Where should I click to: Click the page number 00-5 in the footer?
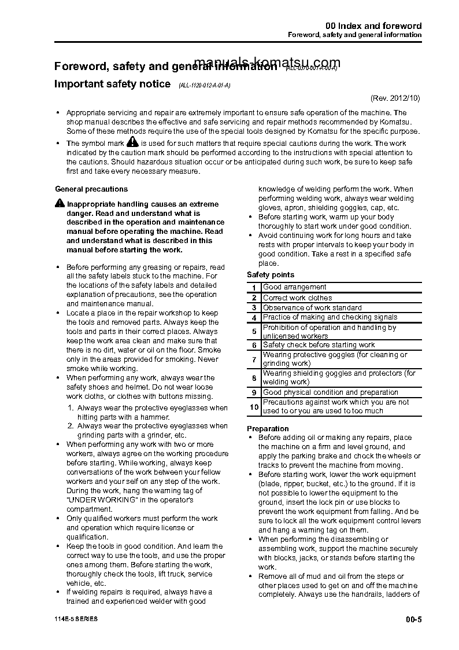(414, 619)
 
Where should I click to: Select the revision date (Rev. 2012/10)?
(395, 98)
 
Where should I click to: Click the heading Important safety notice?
(112, 84)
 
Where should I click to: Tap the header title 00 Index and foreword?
(373, 26)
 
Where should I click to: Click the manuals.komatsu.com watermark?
(268, 63)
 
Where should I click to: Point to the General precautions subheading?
(91, 189)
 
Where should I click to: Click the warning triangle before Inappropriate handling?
(60, 203)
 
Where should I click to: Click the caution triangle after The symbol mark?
(132, 142)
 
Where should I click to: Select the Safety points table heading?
(271, 275)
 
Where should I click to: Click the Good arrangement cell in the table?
(294, 287)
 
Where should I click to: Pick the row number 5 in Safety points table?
(254, 332)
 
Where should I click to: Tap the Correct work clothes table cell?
(297, 298)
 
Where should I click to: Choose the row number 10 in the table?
(254, 407)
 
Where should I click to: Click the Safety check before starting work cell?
(319, 345)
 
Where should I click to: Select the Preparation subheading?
(268, 429)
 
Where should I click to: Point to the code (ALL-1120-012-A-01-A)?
(204, 85)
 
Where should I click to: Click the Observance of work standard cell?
(312, 308)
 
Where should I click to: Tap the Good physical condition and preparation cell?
(330, 392)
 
